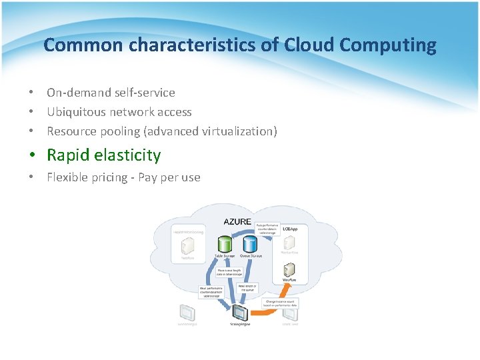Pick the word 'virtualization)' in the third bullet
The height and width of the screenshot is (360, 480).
[238, 131]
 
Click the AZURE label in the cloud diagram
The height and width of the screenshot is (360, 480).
[237, 221]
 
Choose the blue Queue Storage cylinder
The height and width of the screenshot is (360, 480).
[250, 244]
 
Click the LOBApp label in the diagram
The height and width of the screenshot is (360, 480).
[290, 229]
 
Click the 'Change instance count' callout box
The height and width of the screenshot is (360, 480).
[281, 303]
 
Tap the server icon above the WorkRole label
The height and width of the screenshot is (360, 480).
[289, 270]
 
